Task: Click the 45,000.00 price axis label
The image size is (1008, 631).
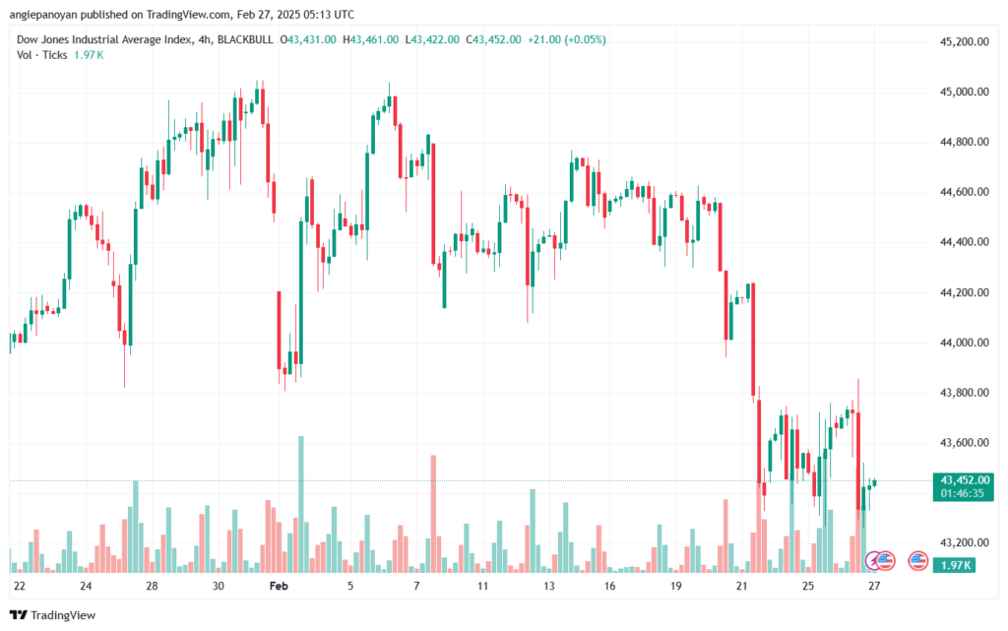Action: click(x=965, y=92)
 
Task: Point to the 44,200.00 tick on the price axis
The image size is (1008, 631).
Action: click(x=965, y=292)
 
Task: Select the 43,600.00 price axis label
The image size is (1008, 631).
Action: click(x=965, y=443)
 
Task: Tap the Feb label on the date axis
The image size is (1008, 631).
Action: click(x=279, y=586)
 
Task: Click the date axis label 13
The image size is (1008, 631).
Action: click(x=548, y=586)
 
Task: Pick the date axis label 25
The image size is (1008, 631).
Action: click(x=807, y=586)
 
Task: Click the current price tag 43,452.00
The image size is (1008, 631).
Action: click(x=965, y=480)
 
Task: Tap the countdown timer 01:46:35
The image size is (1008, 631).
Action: click(x=963, y=493)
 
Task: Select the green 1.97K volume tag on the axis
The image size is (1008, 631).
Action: click(x=955, y=565)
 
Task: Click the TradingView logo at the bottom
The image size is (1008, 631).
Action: click(x=53, y=615)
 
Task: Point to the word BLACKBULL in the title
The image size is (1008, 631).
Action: click(x=245, y=39)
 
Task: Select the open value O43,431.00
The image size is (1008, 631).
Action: click(x=308, y=39)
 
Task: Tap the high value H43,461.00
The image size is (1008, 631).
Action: click(x=370, y=39)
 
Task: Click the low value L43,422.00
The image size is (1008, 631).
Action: click(x=432, y=39)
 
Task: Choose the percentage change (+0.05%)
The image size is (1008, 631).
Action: click(x=585, y=39)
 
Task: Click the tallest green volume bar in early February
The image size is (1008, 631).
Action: click(x=301, y=504)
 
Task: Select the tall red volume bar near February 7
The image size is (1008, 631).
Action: click(x=433, y=514)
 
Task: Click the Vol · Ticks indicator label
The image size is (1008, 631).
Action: click(x=41, y=55)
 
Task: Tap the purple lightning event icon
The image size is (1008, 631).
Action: click(x=873, y=561)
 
